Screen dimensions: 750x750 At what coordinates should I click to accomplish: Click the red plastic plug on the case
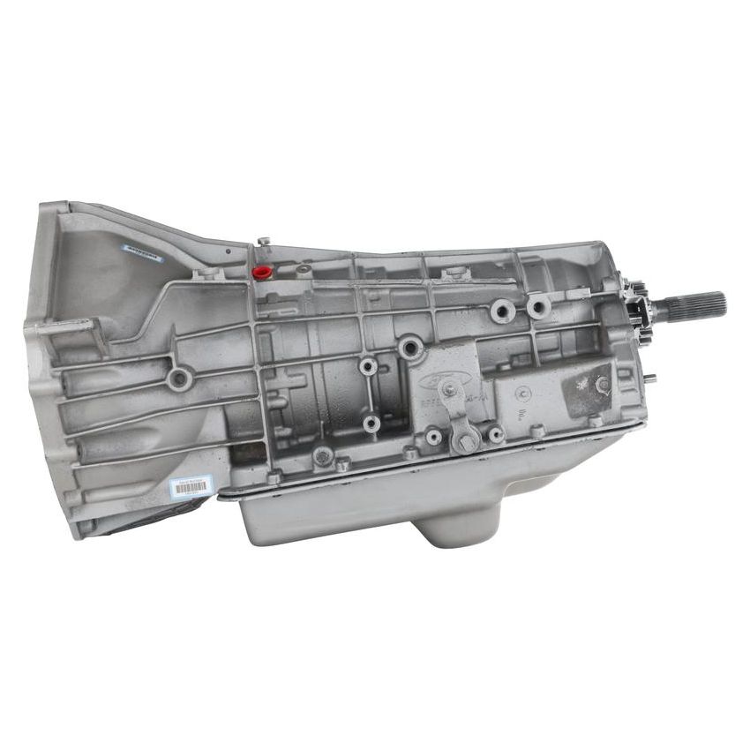tap(260, 272)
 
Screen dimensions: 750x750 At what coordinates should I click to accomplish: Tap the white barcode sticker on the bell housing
tap(191, 486)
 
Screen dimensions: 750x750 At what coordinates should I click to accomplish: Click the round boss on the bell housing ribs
tap(179, 379)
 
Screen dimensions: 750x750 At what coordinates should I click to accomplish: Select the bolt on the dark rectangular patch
tap(603, 384)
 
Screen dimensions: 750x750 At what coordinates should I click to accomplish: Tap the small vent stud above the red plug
tap(263, 241)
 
